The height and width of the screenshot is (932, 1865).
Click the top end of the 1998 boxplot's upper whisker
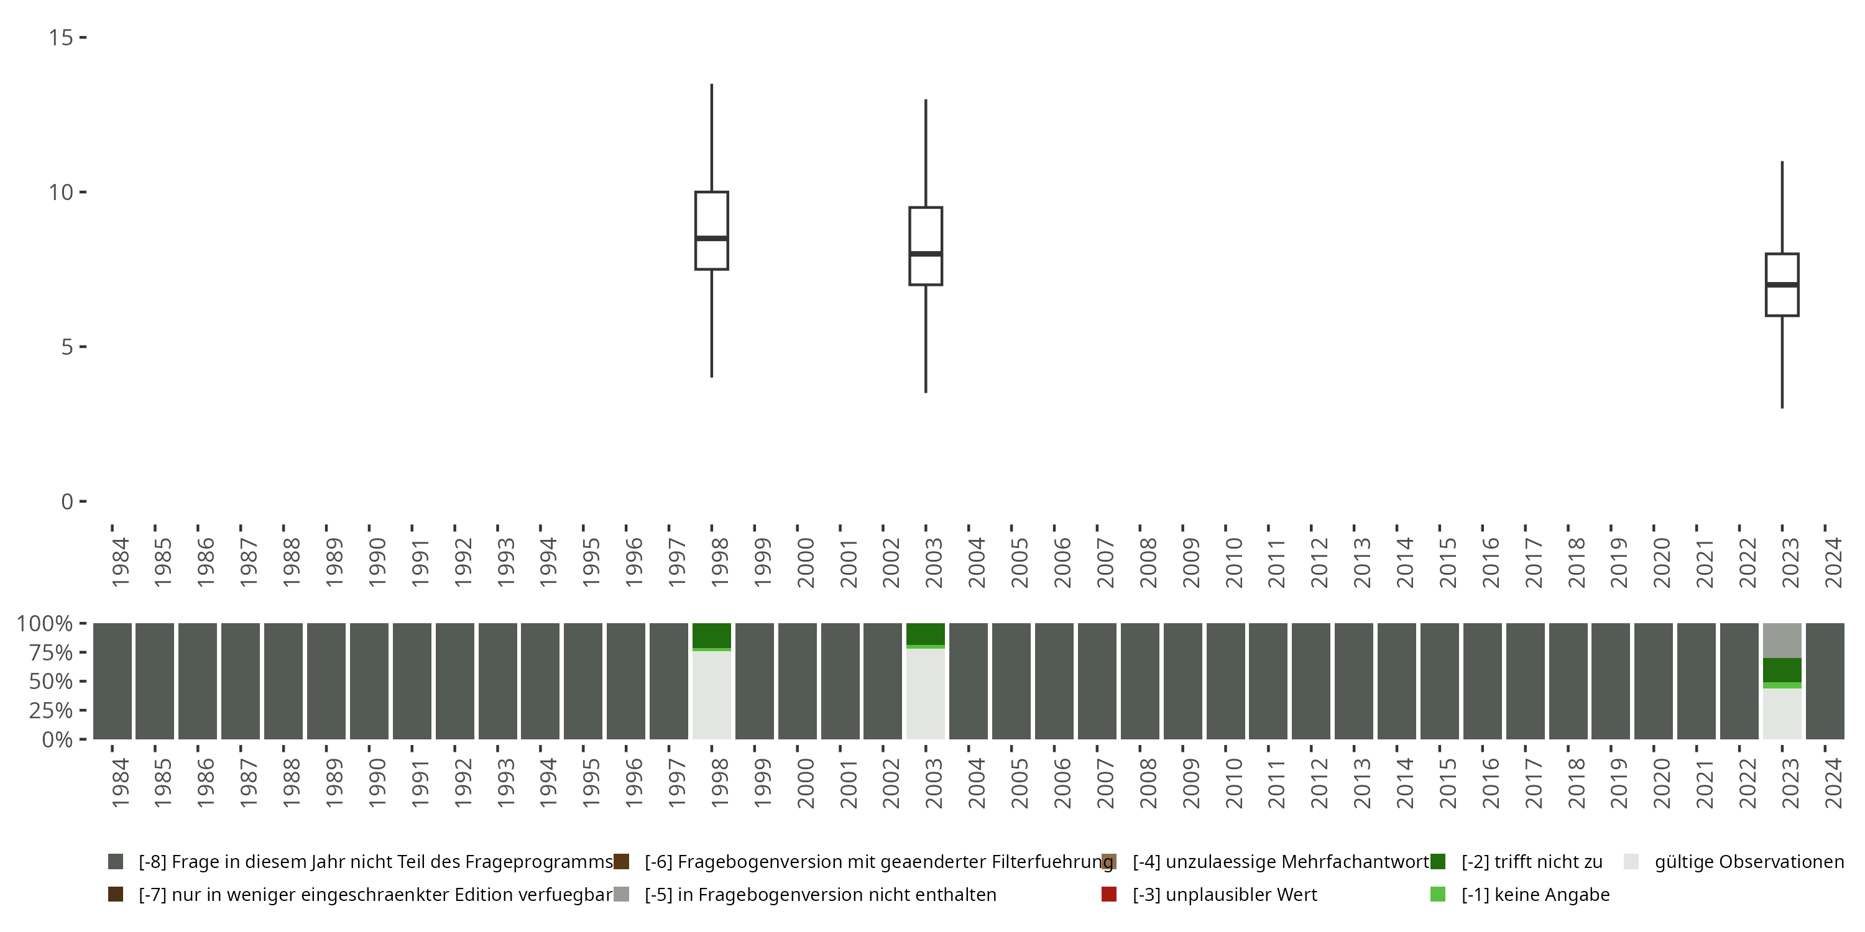pyautogui.click(x=712, y=85)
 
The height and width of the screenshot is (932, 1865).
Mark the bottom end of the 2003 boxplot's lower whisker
pyautogui.click(x=925, y=392)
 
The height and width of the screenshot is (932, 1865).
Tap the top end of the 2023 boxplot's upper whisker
pyautogui.click(x=1782, y=162)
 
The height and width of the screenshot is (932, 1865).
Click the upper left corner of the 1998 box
pyautogui.click(x=696, y=192)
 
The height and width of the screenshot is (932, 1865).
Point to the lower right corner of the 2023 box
pyautogui.click(x=1798, y=316)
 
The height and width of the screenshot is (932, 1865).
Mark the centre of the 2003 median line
pyautogui.click(x=925, y=254)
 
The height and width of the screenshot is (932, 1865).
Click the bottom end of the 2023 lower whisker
pyautogui.click(x=1782, y=408)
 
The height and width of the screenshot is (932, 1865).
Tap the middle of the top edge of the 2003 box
pyautogui.click(x=925, y=208)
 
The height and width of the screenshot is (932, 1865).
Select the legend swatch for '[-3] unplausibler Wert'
pyautogui.click(x=1108, y=894)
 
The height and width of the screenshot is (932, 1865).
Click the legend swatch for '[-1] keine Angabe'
pyautogui.click(x=1438, y=894)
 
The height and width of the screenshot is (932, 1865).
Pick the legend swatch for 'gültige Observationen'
pyautogui.click(x=1631, y=862)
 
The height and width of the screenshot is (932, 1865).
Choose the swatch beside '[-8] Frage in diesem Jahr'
pyautogui.click(x=115, y=862)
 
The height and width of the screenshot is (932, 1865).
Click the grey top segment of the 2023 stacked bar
pyautogui.click(x=1782, y=641)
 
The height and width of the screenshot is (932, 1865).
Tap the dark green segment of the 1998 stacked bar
pyautogui.click(x=712, y=636)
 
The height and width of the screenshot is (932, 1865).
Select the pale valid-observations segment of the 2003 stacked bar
pyautogui.click(x=925, y=694)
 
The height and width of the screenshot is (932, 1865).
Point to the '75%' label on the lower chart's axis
pyautogui.click(x=51, y=652)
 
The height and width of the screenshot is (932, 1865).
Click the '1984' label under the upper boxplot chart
pyautogui.click(x=120, y=562)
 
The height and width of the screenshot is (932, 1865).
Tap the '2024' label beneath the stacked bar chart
pyautogui.click(x=1833, y=783)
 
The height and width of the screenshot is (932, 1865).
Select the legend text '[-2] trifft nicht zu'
pyautogui.click(x=1532, y=862)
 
